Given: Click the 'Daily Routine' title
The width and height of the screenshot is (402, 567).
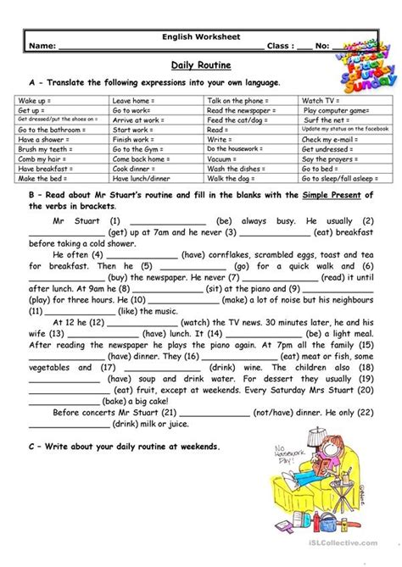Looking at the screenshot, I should (x=200, y=64).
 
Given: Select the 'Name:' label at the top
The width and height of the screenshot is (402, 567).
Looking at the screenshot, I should (x=43, y=48).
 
